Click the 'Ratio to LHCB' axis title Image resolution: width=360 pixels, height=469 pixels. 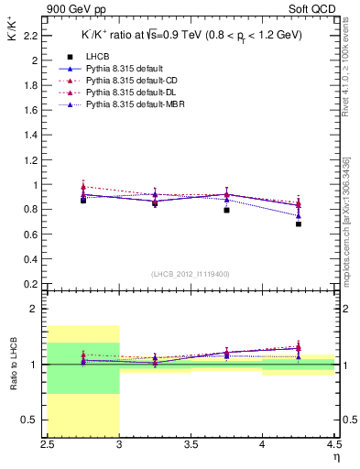tap(13, 365)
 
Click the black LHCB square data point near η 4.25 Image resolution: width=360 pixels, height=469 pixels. tap(299, 224)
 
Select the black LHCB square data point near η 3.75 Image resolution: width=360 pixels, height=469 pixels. tap(226, 210)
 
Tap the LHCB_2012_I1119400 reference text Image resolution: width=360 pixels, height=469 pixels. tap(191, 274)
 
